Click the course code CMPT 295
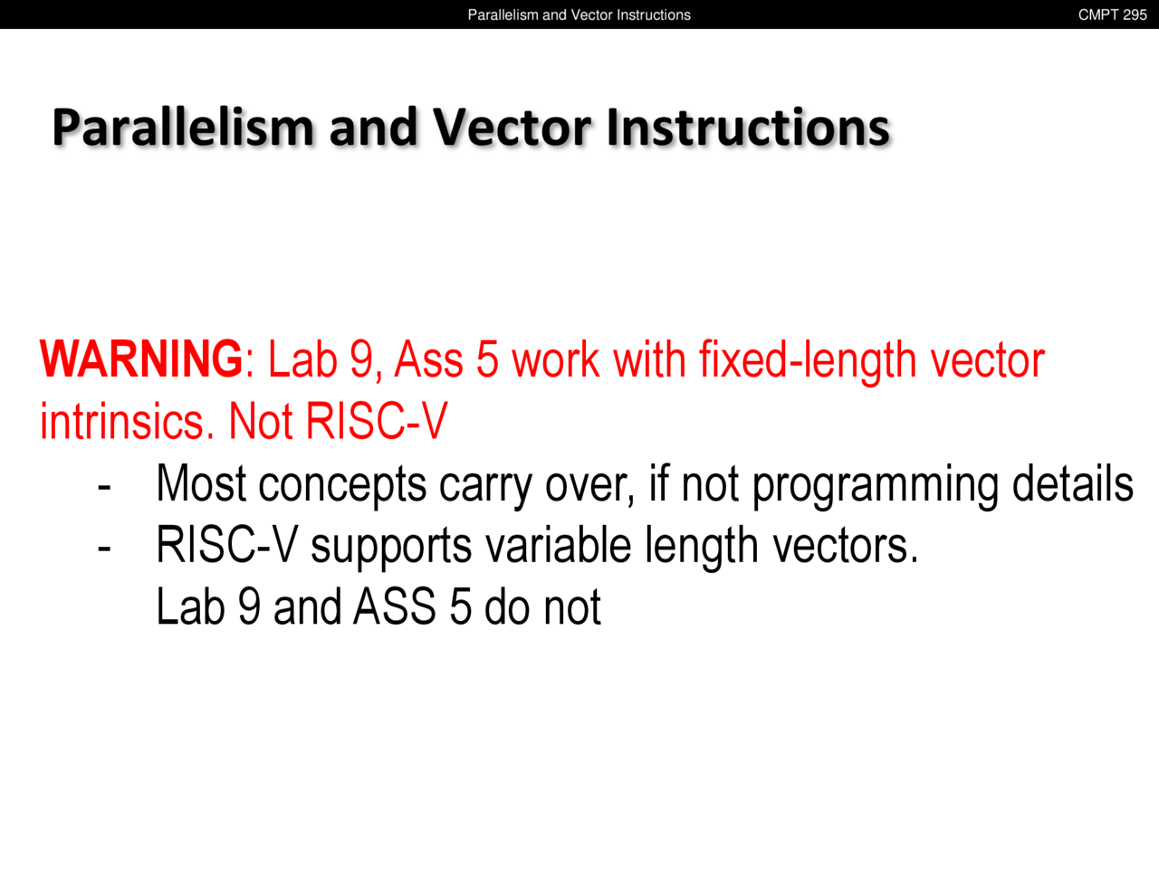[x=1112, y=14]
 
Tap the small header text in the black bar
[x=579, y=14]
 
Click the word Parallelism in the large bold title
[x=183, y=127]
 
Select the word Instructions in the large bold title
[x=749, y=127]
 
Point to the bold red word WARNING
[x=141, y=358]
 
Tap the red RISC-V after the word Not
[x=377, y=421]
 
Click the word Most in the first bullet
[x=201, y=482]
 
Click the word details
[x=1072, y=482]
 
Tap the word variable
[x=558, y=545]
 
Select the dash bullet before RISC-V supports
[x=104, y=549]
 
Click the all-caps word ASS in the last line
[x=395, y=606]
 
